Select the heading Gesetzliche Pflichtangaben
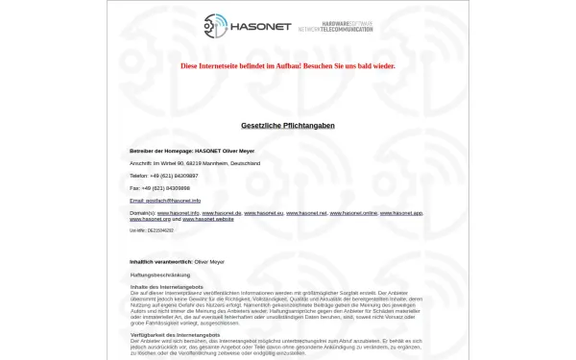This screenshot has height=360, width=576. click(x=288, y=126)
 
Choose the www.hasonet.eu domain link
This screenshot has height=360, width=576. click(x=264, y=212)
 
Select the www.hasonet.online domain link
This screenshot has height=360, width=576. click(x=353, y=212)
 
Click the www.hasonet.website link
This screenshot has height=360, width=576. click(x=208, y=219)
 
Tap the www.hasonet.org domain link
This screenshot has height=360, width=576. click(x=151, y=219)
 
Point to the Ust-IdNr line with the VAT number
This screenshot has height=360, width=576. click(x=152, y=230)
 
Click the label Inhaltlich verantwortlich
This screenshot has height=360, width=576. click(x=160, y=261)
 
